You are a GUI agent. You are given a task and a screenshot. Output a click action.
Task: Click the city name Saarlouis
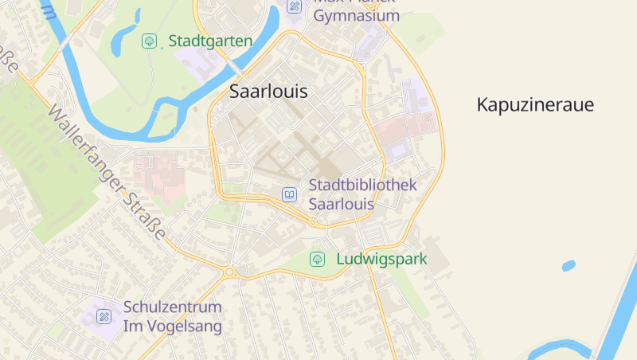[x=268, y=91]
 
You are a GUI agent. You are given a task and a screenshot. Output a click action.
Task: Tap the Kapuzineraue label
[x=535, y=104]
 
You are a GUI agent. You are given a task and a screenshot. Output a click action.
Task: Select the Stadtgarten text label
[x=210, y=41]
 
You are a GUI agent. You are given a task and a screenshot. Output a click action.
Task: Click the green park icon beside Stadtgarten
[x=149, y=41]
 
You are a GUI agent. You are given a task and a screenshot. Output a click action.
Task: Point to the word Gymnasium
[x=356, y=16]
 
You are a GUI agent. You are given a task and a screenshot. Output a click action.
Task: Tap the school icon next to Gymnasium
[x=294, y=6]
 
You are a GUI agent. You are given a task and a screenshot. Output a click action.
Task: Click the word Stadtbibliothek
[x=362, y=185]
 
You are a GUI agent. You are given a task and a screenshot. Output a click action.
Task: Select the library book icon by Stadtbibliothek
[x=289, y=194]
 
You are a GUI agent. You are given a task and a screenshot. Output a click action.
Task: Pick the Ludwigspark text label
[x=381, y=259]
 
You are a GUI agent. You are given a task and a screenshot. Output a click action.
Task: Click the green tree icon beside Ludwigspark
[x=317, y=259]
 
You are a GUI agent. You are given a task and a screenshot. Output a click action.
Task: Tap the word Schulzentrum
[x=172, y=307]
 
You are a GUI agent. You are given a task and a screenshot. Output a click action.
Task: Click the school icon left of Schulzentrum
[x=104, y=316]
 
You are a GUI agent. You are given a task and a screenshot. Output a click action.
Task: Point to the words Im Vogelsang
[x=172, y=326]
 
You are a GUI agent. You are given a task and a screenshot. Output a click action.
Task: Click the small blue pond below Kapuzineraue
[x=568, y=266]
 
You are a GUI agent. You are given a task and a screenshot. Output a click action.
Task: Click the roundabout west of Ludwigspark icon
[x=230, y=272]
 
